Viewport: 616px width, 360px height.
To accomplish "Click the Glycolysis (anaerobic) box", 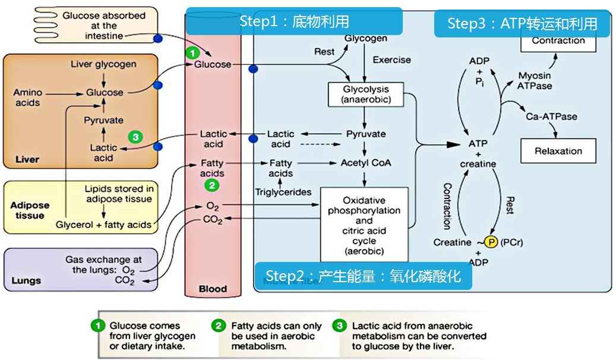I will (366, 94).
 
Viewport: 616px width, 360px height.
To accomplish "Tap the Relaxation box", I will (558, 151).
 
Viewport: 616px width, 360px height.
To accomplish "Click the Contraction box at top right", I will (558, 41).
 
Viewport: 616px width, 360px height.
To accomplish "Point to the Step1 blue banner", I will (294, 21).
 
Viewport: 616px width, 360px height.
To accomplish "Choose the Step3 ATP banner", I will (522, 24).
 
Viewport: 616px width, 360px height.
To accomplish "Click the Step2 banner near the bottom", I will (363, 276).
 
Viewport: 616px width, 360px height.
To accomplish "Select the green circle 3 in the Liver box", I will (136, 137).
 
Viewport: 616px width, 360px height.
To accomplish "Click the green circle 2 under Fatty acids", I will (212, 185).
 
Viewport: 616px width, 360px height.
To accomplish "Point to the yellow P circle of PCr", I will (491, 242).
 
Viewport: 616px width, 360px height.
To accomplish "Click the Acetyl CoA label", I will (366, 162).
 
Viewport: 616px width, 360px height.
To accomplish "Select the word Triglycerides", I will (283, 192).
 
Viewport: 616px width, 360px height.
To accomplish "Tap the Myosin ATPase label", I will (535, 81).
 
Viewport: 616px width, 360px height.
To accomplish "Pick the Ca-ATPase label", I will (551, 116).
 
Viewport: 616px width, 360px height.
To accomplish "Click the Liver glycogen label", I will (103, 64).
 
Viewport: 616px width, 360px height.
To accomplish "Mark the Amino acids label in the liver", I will (28, 97).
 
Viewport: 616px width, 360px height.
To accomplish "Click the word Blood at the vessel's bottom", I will (213, 289).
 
